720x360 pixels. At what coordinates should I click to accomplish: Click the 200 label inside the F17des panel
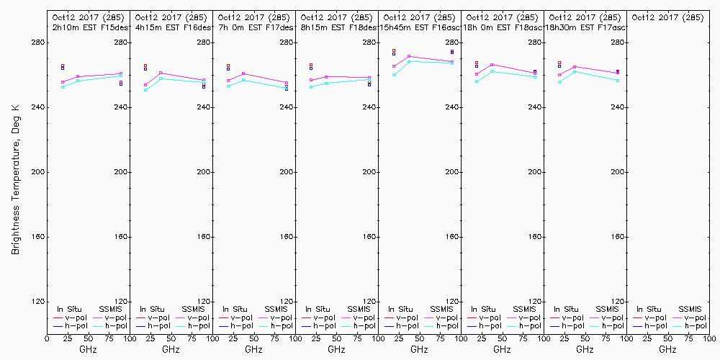click(287, 173)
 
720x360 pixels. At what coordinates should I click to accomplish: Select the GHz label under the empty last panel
click(667, 349)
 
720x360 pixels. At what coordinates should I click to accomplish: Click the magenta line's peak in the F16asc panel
click(409, 56)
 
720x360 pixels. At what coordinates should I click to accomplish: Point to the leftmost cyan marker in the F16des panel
click(145, 90)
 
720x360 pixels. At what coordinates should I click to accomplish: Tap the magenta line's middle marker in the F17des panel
click(243, 73)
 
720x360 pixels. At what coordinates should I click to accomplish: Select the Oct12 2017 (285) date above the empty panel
click(667, 17)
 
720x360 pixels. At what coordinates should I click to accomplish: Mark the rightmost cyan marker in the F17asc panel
click(618, 80)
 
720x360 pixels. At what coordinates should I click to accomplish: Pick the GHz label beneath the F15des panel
click(88, 349)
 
